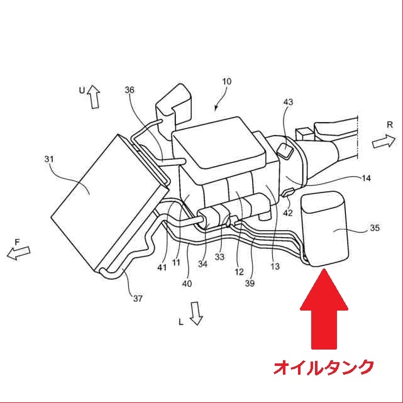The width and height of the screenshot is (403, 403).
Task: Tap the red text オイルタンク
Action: coord(324,368)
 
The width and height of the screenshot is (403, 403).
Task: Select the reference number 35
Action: coord(375,228)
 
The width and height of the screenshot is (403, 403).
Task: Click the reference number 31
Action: coord(49,159)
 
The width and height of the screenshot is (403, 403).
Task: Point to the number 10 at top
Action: coord(227,82)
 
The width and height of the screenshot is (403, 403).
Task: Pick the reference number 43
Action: coord(288,102)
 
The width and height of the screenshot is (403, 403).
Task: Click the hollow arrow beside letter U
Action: coord(94,97)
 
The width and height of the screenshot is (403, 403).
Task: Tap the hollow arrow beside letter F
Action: coord(18,252)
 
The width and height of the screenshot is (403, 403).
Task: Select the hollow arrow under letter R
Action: coord(384,141)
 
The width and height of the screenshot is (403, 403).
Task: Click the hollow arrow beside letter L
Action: coord(196,314)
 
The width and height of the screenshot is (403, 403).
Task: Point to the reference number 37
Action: coord(138,299)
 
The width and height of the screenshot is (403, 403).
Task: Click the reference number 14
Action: coord(366,178)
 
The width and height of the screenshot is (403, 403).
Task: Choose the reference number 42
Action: coord(288,213)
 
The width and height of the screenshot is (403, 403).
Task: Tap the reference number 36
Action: coord(130,90)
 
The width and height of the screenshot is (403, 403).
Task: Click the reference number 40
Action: coord(187,284)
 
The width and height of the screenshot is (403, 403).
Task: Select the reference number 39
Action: coord(250,284)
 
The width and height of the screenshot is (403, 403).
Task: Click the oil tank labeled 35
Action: coord(325,229)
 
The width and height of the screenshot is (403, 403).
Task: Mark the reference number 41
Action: coord(162,268)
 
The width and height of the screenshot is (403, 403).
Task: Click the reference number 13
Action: coord(275,267)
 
